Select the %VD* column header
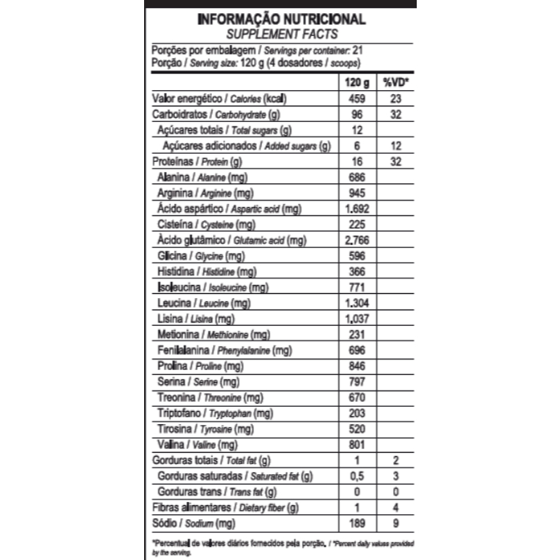395,83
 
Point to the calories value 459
355,98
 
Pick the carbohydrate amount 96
355,115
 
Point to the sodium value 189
355,523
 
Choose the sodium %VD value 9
395,523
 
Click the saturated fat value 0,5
355,476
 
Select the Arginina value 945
355,193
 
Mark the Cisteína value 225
355,224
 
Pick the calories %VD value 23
395,98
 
